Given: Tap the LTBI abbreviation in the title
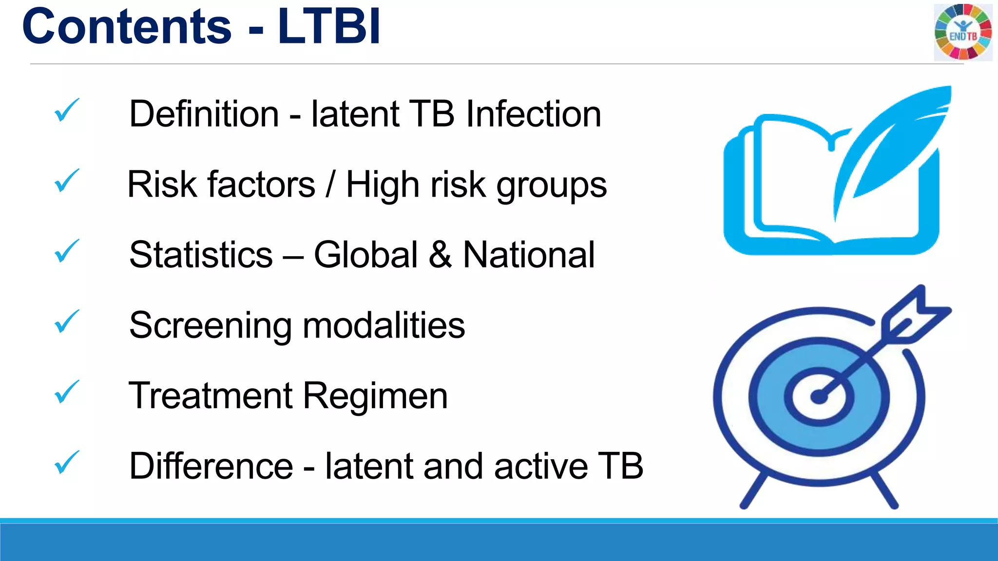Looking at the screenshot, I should [x=329, y=27].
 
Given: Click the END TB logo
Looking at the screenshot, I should [x=963, y=32].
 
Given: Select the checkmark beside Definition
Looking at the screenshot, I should [x=66, y=110].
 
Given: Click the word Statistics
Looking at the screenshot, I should [x=201, y=255].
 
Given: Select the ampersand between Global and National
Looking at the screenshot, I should [x=440, y=255].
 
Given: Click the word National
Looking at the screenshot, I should [x=529, y=255].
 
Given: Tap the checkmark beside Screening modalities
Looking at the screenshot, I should [x=66, y=321].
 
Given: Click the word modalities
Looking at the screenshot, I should [x=384, y=325].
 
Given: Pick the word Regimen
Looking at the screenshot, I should [x=375, y=396].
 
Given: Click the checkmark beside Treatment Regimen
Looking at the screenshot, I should [x=66, y=392].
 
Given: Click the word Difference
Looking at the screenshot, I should [x=211, y=466].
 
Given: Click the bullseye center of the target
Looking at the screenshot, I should [x=819, y=397].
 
